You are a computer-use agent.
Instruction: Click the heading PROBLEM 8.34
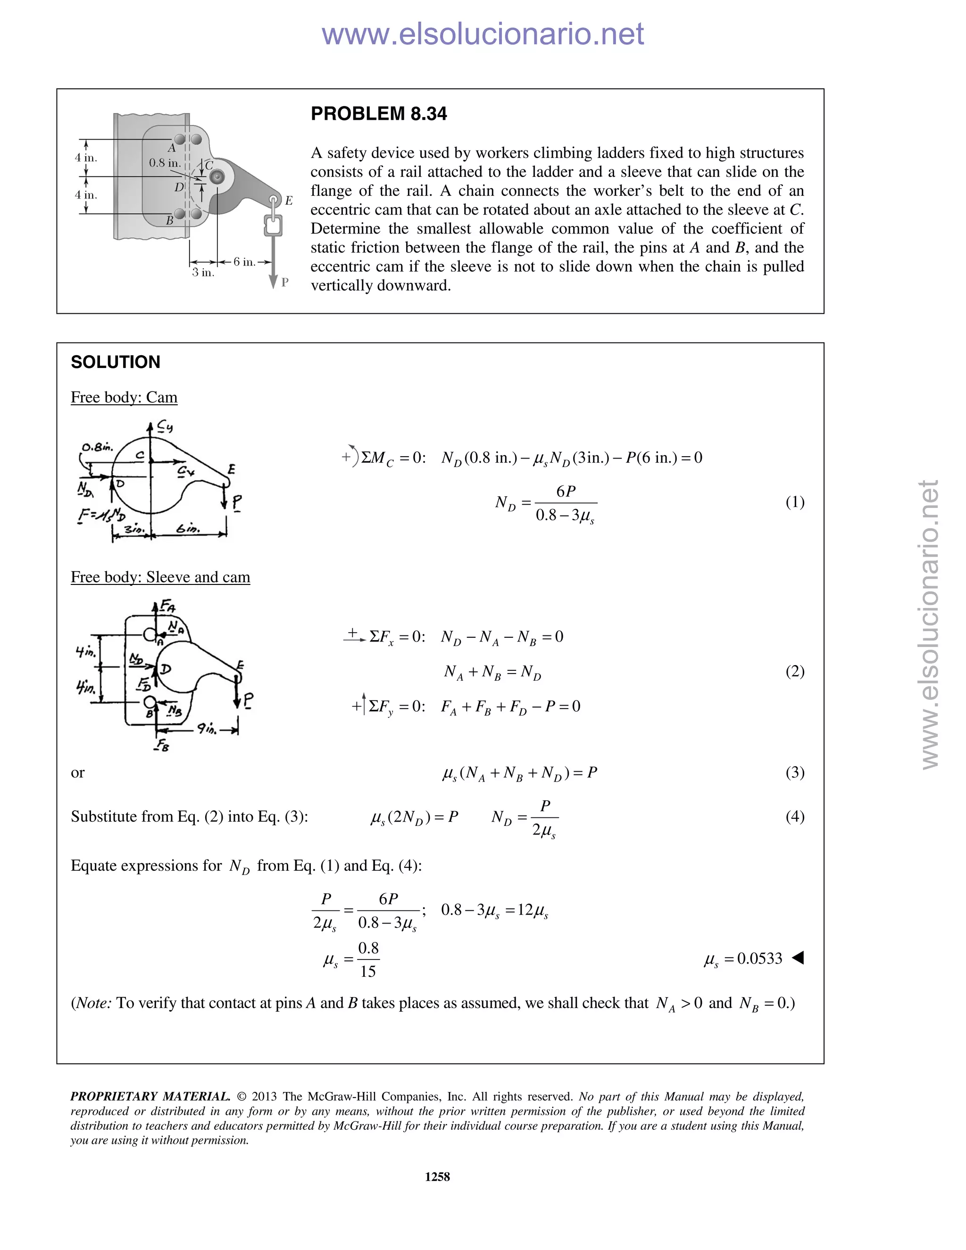[378, 114]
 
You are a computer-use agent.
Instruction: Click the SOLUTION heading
[115, 362]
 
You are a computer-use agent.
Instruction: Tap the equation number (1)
[794, 502]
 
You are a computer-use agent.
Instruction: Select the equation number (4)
[794, 816]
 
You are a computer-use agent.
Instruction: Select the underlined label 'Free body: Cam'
[124, 397]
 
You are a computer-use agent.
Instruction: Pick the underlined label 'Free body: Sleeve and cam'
[160, 577]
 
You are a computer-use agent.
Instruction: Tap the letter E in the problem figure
[289, 200]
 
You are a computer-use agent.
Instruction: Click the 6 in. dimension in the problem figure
[244, 262]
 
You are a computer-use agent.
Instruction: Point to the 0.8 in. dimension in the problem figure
[164, 163]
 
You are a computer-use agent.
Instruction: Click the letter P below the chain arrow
[285, 282]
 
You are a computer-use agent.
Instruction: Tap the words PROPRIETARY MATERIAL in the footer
[150, 1097]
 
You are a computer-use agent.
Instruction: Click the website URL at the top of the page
[483, 34]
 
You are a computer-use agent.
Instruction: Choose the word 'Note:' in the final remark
[93, 1003]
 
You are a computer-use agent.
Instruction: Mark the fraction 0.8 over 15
[368, 960]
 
